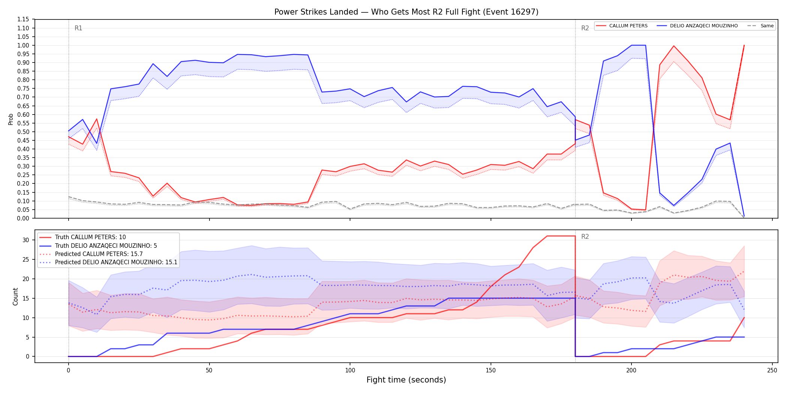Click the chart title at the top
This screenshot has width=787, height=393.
406,12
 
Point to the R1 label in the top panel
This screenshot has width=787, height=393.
78,28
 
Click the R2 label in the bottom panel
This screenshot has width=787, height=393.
585,237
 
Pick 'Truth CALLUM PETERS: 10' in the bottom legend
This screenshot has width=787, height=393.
90,237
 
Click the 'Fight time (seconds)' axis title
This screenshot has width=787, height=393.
406,380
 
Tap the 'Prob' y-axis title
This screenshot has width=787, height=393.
11,119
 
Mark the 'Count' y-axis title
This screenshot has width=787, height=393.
15,296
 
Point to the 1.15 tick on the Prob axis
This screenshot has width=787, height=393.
23,19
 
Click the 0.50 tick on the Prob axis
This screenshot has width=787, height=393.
23,132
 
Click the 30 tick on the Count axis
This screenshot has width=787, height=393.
25,240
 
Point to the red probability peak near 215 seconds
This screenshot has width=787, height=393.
674,46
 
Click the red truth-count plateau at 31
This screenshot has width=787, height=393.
561,236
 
